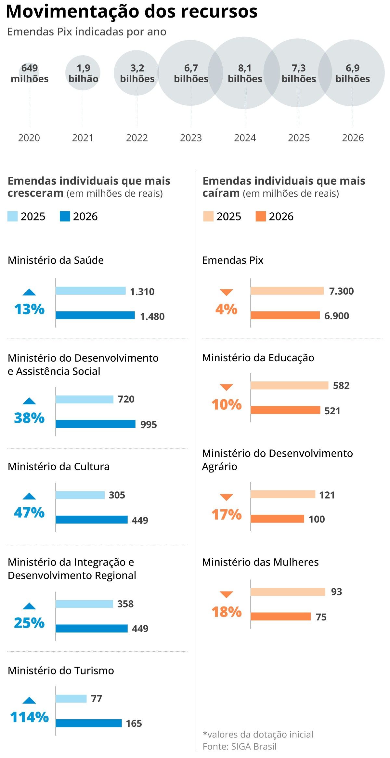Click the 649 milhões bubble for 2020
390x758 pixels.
click(x=29, y=73)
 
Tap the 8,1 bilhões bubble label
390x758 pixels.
click(x=245, y=73)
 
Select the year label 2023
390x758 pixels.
click(x=191, y=138)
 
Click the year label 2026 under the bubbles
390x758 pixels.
click(x=353, y=138)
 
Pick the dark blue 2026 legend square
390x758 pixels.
click(x=65, y=217)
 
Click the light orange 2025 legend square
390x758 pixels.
click(x=208, y=217)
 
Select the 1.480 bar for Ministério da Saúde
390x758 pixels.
click(x=95, y=315)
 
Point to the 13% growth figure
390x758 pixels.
click(x=29, y=309)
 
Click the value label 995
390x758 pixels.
click(x=149, y=424)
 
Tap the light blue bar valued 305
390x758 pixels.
click(x=80, y=495)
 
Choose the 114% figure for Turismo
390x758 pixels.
click(x=29, y=717)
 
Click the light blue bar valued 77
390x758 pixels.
click(x=71, y=698)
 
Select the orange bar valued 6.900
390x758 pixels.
click(x=285, y=315)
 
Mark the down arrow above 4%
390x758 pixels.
click(x=226, y=292)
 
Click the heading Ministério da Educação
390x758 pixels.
click(x=258, y=358)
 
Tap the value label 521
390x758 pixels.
click(x=332, y=411)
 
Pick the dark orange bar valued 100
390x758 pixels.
click(x=277, y=519)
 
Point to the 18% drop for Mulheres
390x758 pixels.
click(x=227, y=612)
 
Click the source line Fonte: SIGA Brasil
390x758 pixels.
click(x=240, y=746)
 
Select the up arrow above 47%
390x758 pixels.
click(x=29, y=496)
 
